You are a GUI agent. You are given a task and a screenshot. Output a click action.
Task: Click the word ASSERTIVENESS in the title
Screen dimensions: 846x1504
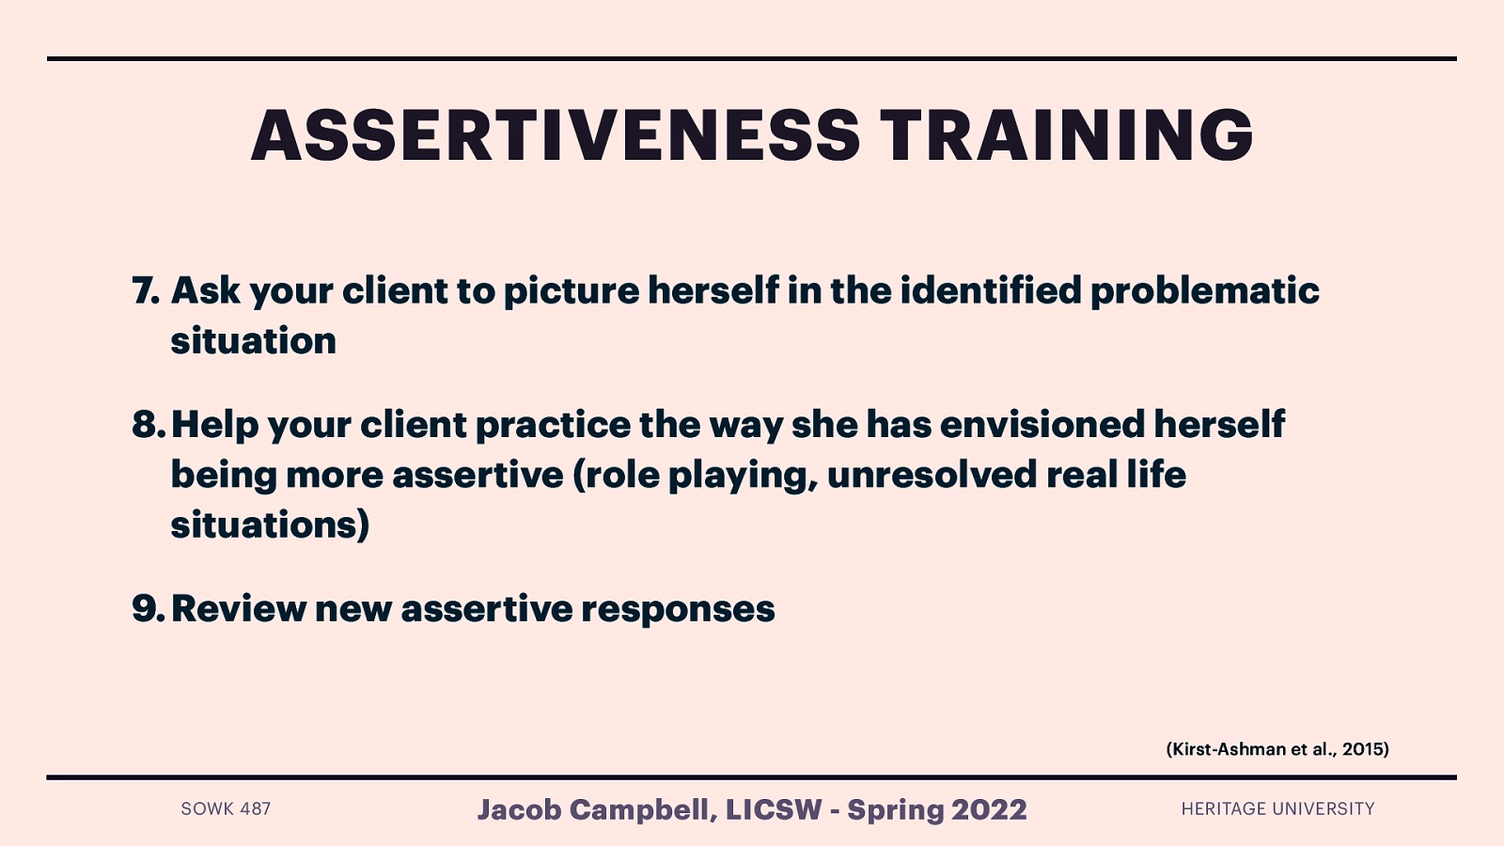point(555,135)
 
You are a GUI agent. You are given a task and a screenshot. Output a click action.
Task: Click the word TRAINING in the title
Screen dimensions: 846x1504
point(1066,135)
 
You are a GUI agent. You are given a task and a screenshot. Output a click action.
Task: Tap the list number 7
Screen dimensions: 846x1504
point(146,290)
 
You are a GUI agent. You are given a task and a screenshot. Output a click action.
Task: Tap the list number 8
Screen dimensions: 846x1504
point(148,425)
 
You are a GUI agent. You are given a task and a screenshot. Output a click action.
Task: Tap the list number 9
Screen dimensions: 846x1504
point(148,609)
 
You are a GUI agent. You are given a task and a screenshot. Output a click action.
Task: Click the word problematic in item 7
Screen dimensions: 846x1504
point(1204,290)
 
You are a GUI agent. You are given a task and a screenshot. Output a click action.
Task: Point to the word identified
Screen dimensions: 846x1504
point(991,290)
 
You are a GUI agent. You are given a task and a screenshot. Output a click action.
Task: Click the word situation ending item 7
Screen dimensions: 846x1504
point(253,340)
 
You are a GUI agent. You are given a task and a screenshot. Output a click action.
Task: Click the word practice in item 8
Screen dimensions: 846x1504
point(553,425)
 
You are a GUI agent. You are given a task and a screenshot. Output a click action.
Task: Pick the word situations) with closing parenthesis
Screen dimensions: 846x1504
point(270,525)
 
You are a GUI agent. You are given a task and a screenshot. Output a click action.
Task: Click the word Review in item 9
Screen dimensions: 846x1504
point(238,609)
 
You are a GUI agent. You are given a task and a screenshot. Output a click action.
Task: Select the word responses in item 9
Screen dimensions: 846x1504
point(678,609)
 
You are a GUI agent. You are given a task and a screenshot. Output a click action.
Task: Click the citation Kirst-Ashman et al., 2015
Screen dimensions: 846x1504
point(1277,749)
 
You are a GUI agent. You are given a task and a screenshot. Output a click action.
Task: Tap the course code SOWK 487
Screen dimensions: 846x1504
point(226,808)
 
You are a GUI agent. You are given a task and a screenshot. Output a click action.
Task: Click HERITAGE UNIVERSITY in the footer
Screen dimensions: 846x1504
point(1277,808)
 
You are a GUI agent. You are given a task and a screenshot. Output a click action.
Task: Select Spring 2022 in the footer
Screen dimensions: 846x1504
point(936,809)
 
